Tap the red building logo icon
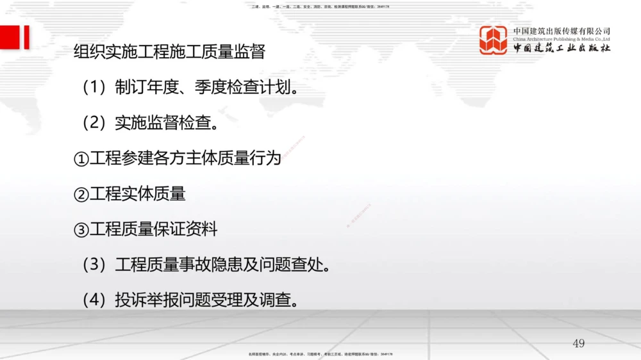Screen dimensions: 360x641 click(x=493, y=40)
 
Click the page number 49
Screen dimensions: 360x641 click(x=579, y=344)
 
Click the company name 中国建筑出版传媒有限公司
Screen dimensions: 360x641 click(x=562, y=31)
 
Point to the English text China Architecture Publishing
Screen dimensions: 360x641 click(x=562, y=39)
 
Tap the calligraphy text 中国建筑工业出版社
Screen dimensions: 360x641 click(x=562, y=49)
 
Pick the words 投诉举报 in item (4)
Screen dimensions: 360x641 click(x=147, y=300)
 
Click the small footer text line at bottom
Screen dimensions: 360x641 click(x=320, y=354)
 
